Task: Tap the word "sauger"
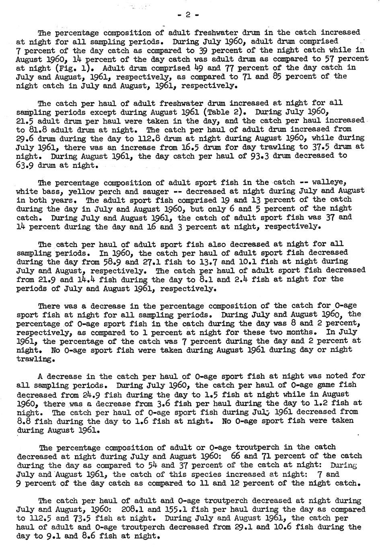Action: tap(162, 191)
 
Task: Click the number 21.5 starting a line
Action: tap(26, 121)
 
